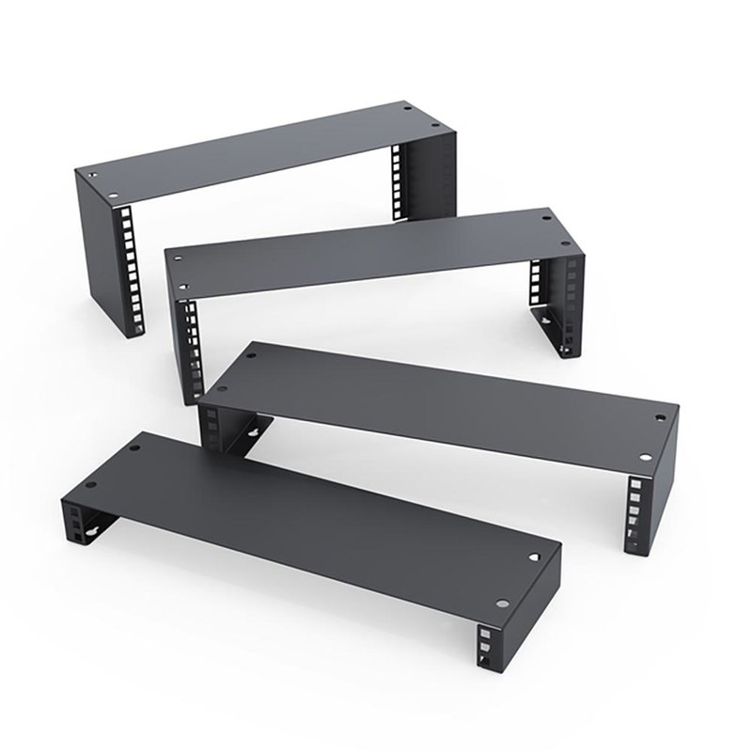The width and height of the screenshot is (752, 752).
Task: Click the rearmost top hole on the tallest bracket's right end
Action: (x=406, y=110)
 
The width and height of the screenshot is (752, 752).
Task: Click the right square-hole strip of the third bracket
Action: (x=636, y=512)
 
